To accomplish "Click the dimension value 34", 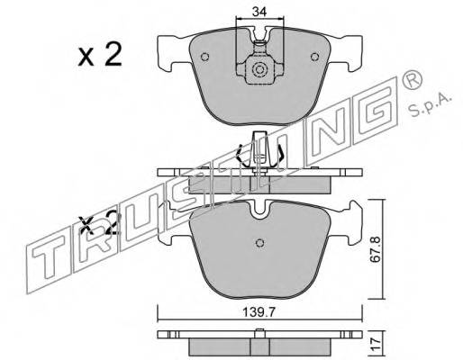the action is click(259, 12).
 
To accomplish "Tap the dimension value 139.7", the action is click(259, 313).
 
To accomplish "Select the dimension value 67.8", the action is click(375, 249).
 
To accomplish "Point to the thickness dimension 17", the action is click(375, 342).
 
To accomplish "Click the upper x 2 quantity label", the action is click(100, 54).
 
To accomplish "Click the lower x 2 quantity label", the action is click(97, 223).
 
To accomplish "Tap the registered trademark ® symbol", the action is click(412, 79).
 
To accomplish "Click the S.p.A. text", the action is click(431, 105).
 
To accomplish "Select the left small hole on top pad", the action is click(204, 57).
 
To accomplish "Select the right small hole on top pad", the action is click(315, 57).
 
